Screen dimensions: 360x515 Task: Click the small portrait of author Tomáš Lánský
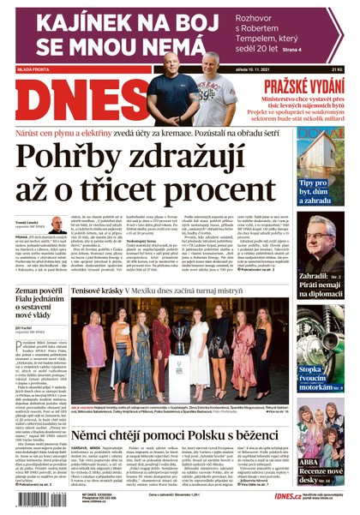[x=57, y=225]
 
